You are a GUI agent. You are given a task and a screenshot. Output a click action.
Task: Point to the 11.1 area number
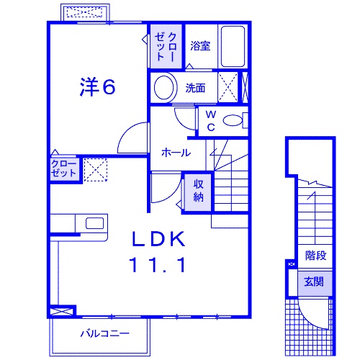click(x=158, y=264)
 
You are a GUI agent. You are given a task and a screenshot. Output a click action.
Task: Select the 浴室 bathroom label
click(x=200, y=46)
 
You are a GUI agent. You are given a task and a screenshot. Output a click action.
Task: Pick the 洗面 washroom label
click(x=195, y=89)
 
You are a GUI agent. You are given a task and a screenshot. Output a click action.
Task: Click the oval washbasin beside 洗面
click(x=164, y=89)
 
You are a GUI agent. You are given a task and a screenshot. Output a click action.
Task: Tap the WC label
click(x=211, y=121)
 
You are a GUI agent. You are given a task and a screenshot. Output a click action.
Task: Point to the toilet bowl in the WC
click(x=233, y=121)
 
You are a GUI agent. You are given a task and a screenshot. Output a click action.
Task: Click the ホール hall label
click(x=176, y=153)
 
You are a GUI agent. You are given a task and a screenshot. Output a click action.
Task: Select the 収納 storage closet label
click(x=199, y=190)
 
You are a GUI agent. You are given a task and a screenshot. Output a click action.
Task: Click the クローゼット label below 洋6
click(x=64, y=169)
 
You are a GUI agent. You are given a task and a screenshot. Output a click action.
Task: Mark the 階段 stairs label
click(x=315, y=255)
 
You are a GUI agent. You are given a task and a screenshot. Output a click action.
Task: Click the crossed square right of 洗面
click(x=228, y=88)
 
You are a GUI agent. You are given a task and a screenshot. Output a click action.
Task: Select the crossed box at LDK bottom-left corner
click(x=62, y=311)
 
